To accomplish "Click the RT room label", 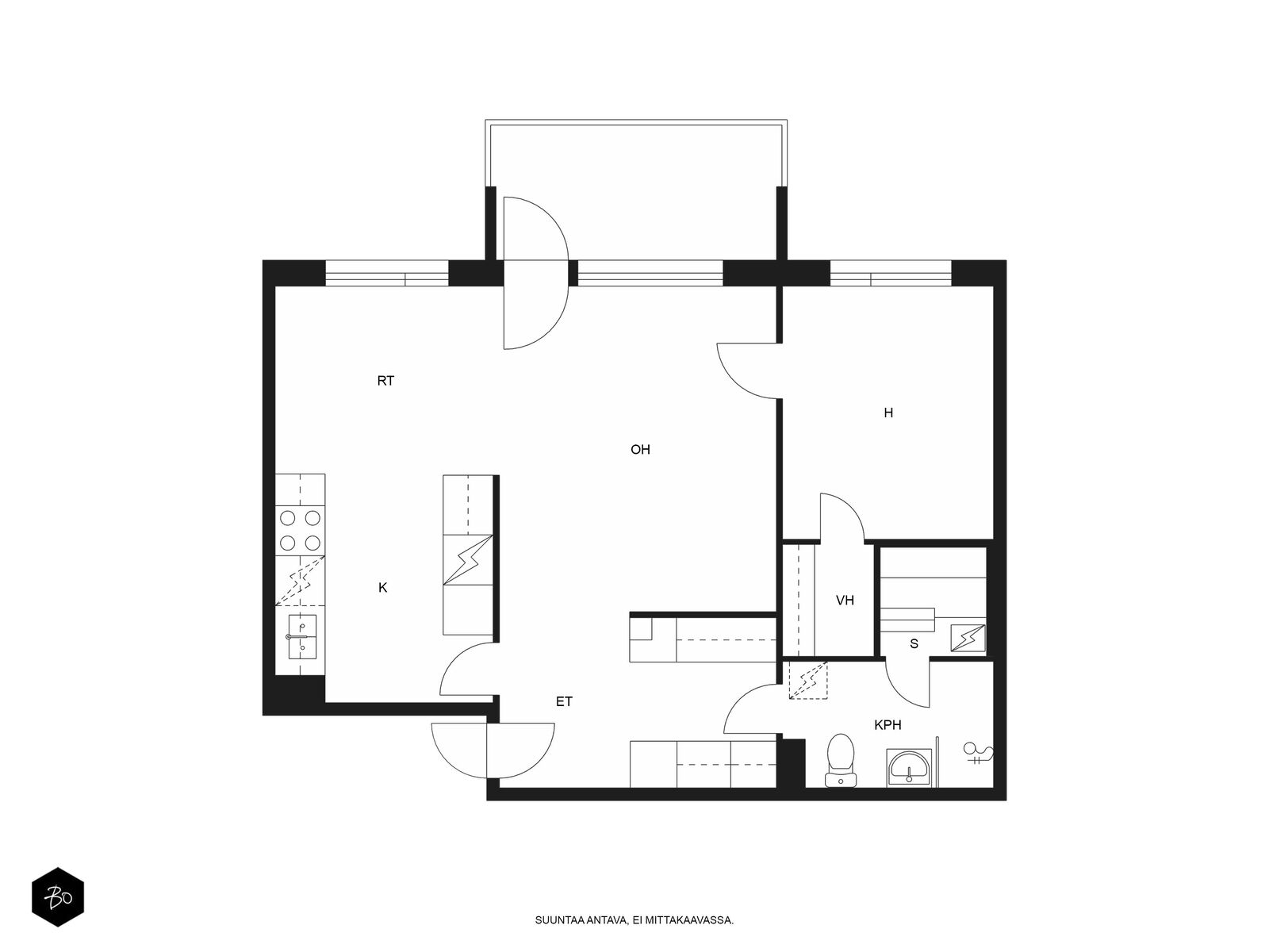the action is (x=385, y=381).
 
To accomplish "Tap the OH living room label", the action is (x=640, y=450).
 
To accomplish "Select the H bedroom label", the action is (x=888, y=413).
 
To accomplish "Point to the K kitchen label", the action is (x=382, y=588).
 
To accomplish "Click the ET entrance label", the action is (x=564, y=702).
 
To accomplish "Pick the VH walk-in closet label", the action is (x=845, y=601).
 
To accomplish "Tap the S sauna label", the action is (x=914, y=644).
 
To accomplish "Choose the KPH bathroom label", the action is (x=888, y=725).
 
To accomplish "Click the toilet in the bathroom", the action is (x=840, y=760).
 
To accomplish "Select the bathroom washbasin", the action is (x=909, y=768).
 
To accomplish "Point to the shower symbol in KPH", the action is (x=978, y=754).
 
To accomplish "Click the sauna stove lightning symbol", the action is (x=968, y=638).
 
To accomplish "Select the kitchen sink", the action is (x=302, y=637).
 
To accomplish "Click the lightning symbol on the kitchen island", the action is (x=468, y=559).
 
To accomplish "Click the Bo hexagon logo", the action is (x=58, y=897).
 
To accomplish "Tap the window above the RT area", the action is (x=387, y=273).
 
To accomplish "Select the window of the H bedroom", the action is (x=891, y=273).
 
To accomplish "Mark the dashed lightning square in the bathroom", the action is (x=808, y=681).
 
